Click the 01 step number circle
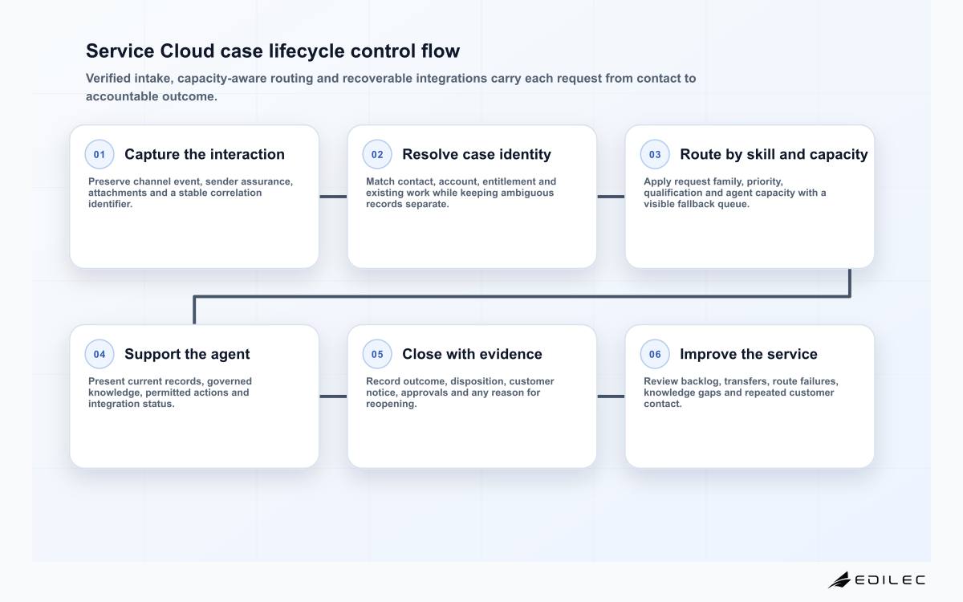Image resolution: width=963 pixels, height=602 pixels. click(100, 154)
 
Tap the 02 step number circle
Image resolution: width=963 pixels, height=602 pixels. click(377, 154)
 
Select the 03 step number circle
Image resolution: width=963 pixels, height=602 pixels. click(655, 154)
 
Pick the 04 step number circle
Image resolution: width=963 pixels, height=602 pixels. click(100, 354)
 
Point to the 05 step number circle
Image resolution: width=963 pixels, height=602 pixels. click(377, 354)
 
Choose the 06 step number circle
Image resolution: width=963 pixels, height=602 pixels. click(655, 354)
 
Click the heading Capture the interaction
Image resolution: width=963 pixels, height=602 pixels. click(205, 154)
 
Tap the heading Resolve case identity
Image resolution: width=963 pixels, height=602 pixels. click(477, 154)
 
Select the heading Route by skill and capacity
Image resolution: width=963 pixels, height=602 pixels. click(774, 154)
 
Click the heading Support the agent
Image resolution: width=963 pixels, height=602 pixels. click(187, 354)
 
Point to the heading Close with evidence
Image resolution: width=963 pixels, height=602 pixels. click(472, 354)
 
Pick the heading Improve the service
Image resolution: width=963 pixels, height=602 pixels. click(749, 354)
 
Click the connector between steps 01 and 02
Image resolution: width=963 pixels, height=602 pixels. click(333, 197)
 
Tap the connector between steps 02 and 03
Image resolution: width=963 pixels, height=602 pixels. click(611, 197)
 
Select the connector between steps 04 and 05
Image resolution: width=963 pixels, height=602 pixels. click(333, 397)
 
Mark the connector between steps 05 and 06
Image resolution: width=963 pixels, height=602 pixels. click(611, 397)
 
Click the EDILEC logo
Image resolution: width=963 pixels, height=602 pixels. click(876, 580)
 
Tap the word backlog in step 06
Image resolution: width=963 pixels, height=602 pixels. click(700, 381)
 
